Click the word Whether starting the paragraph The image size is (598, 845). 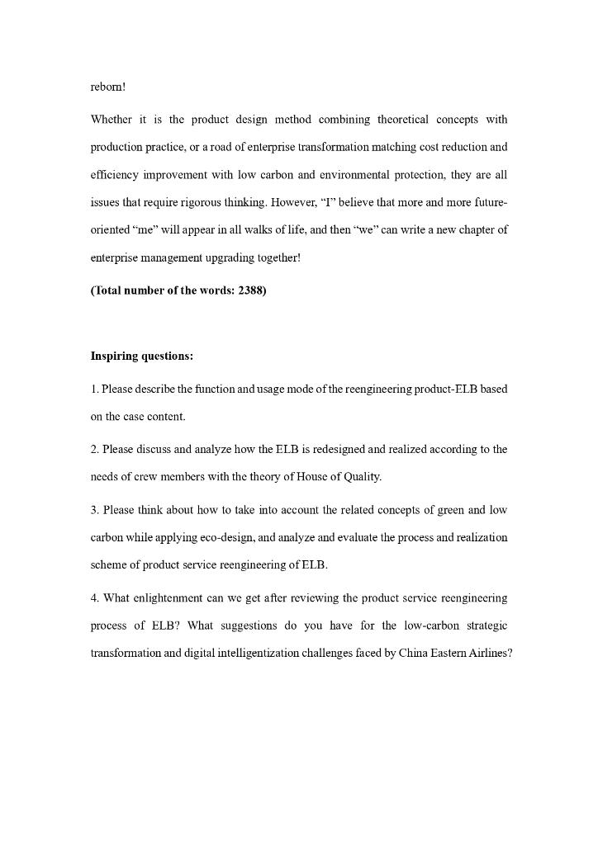pos(111,120)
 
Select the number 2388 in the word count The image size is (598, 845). pos(250,290)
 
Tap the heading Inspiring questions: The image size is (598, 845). pos(142,356)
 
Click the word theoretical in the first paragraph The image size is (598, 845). pos(402,120)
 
